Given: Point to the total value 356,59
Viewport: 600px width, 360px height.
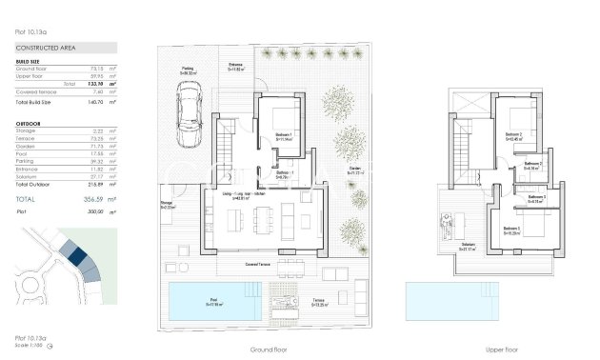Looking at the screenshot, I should point(92,198).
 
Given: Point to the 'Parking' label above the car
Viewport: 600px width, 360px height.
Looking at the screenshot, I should point(190,69).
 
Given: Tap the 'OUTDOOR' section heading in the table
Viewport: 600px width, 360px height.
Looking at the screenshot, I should point(29,123).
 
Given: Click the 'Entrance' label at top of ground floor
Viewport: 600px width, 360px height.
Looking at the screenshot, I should point(235,65).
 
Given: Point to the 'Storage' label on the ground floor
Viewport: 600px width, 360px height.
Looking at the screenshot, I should point(166,203).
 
